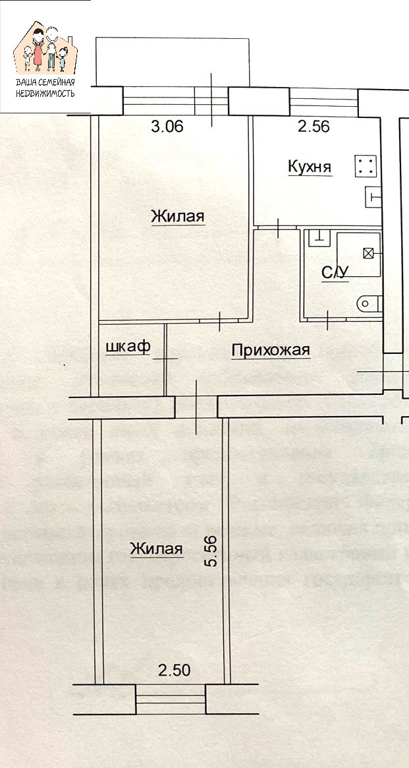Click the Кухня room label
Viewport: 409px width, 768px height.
coord(310,167)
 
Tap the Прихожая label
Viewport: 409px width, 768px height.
coord(270,351)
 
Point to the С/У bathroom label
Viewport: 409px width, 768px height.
coord(335,272)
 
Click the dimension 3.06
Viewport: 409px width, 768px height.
coord(167,127)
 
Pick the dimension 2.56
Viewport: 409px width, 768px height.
coord(314,127)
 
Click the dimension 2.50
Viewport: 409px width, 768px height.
coord(175,671)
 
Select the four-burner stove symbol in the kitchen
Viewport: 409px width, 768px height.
coord(366,166)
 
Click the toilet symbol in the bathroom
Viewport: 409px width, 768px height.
coord(367,303)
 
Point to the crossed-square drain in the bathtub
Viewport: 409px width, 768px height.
coord(369,252)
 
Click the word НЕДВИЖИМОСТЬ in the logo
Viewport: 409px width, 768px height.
coord(45,93)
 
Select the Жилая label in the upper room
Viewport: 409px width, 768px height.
coord(178,216)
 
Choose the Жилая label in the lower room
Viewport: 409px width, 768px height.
coord(156,548)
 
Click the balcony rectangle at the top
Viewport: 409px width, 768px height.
coord(173,61)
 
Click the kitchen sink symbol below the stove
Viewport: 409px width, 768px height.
coord(373,196)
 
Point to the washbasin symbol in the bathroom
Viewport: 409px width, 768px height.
coord(319,236)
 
